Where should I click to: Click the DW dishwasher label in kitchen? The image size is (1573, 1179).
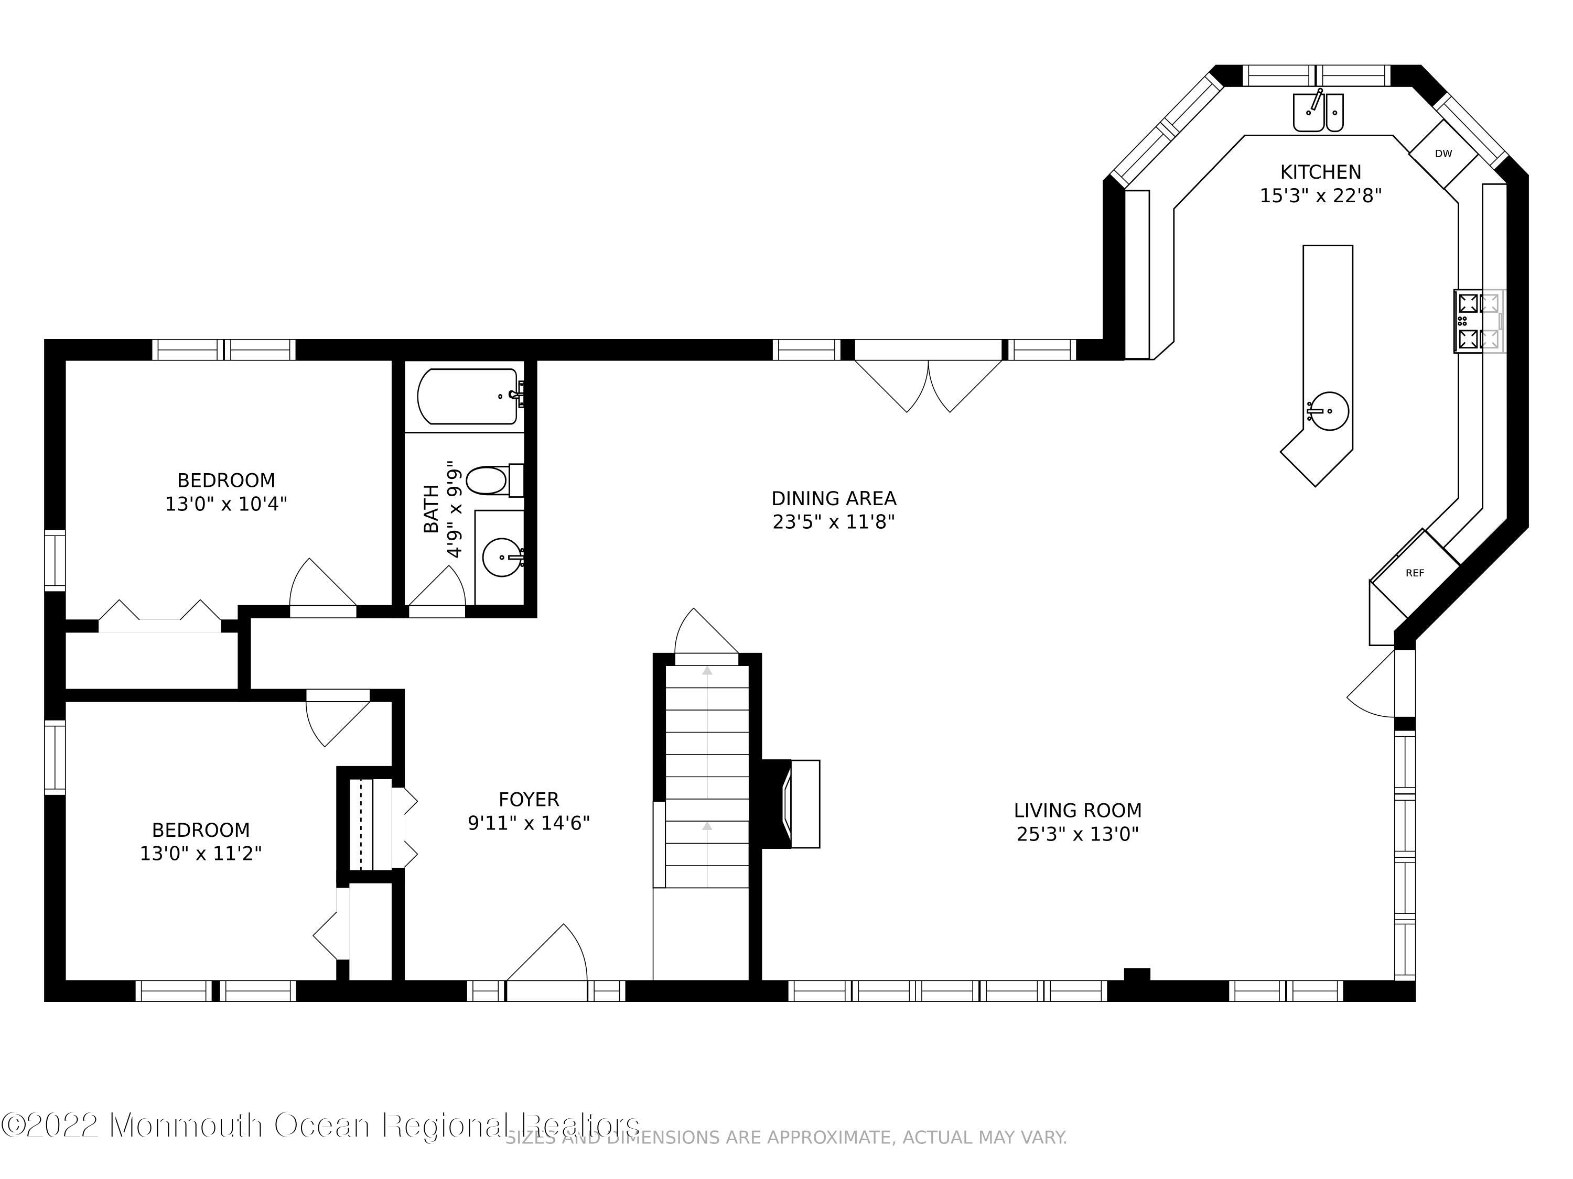(x=1443, y=154)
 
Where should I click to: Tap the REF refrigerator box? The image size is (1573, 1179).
(x=1415, y=573)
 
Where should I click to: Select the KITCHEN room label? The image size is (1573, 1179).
(x=1321, y=172)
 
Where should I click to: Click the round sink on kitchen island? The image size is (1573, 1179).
(x=1328, y=411)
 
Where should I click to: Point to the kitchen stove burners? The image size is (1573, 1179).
(x=1479, y=321)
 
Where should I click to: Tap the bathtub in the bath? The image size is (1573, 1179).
(x=468, y=396)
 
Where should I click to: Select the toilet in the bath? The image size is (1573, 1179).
(x=491, y=481)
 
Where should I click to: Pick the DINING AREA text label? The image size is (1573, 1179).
(x=834, y=498)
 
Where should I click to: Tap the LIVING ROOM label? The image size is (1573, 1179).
(x=1078, y=810)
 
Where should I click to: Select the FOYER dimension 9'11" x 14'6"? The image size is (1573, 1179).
(x=529, y=823)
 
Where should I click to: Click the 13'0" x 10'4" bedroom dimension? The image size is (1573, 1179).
(x=226, y=504)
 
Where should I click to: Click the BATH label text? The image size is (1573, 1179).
(x=431, y=509)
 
